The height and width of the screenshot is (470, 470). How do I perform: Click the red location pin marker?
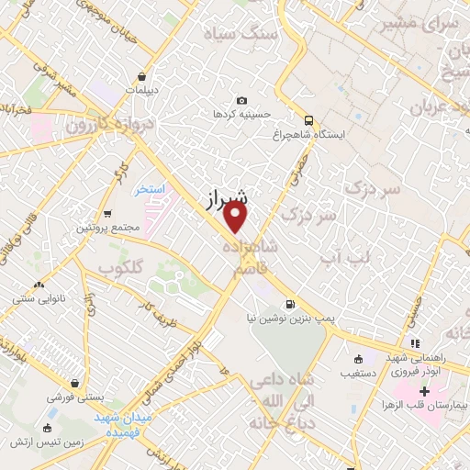coord(237,217)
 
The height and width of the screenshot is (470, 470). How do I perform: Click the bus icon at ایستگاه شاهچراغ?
coord(308,119)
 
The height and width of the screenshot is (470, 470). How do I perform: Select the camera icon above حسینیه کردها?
coord(241,100)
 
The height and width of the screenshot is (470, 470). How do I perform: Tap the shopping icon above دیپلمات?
coord(142,77)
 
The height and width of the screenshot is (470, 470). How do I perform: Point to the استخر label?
coord(148,189)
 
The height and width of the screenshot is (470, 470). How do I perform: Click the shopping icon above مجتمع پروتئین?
coord(107,212)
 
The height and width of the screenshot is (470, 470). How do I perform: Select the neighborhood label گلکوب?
coord(123,267)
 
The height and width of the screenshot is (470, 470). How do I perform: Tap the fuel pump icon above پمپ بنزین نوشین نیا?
coord(291,304)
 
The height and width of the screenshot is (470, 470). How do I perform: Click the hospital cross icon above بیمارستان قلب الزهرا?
coord(424,390)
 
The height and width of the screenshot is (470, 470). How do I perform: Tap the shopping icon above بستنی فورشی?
coord(73,384)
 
